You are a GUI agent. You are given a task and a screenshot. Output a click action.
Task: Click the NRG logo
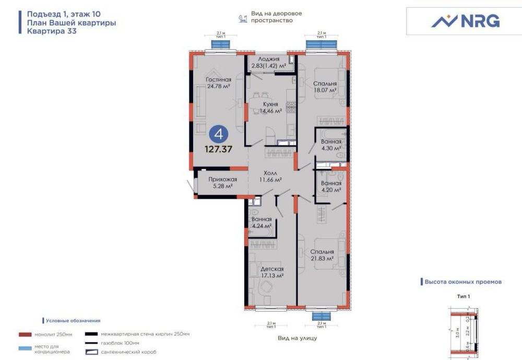click(x=465, y=21)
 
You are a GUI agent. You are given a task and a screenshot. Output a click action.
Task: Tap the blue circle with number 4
click(x=219, y=134)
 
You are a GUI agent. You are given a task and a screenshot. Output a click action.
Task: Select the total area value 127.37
click(x=219, y=149)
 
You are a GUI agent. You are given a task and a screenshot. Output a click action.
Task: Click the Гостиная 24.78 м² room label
click(x=219, y=83)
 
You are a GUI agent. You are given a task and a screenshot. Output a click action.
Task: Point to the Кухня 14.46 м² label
click(x=270, y=107)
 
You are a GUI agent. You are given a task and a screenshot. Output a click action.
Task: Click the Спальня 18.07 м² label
click(x=325, y=87)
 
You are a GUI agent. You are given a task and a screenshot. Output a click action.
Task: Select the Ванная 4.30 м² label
click(x=331, y=145)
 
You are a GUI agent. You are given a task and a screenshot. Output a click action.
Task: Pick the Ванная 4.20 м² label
click(x=331, y=187)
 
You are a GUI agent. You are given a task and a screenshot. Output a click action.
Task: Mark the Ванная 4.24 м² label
click(x=261, y=223)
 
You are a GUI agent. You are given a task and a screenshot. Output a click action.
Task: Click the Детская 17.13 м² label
click(x=272, y=272)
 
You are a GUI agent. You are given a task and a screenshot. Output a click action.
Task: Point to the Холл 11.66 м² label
click(x=270, y=176)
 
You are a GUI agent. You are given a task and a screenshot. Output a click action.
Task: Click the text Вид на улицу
click(x=298, y=338)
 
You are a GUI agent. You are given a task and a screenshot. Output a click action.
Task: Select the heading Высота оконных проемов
click(x=463, y=282)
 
